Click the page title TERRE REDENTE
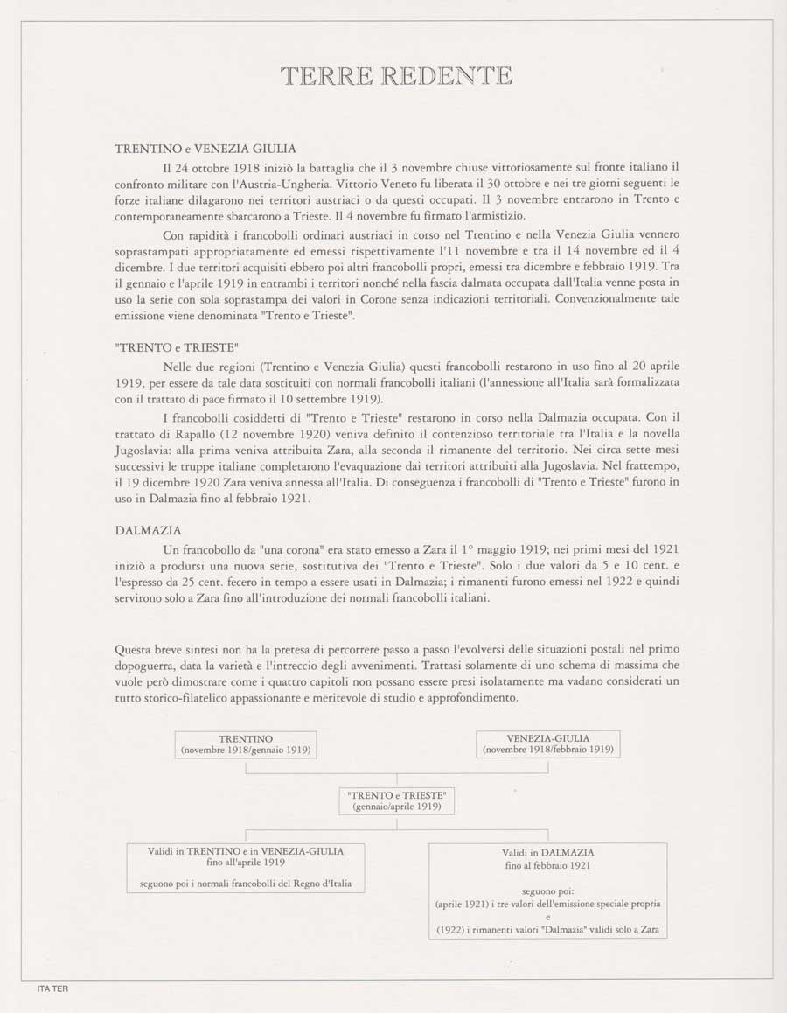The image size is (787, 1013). click(396, 76)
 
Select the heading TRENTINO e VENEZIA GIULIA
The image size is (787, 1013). click(205, 149)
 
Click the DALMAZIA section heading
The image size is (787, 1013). click(149, 530)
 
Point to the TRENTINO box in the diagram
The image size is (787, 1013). click(246, 744)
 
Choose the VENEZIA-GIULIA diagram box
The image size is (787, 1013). click(547, 744)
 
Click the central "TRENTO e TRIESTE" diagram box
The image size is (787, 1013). click(397, 800)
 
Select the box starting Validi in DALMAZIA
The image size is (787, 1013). click(548, 890)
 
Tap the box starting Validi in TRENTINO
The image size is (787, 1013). click(246, 867)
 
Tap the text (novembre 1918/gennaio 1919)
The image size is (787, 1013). click(246, 750)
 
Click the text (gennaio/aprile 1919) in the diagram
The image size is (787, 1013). click(397, 807)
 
